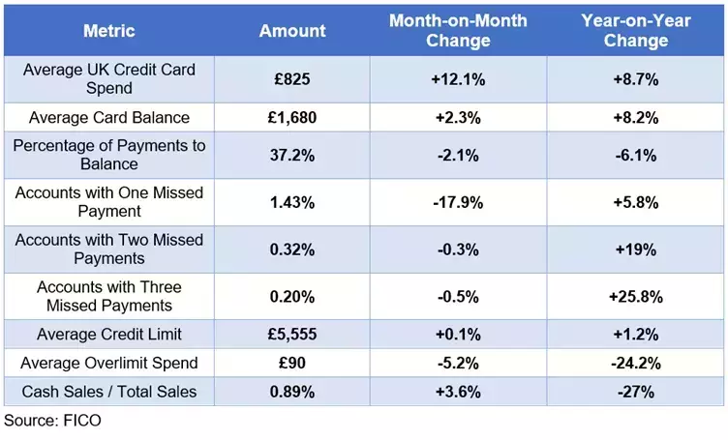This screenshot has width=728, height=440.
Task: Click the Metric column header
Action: click(109, 30)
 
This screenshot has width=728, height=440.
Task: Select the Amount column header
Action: click(292, 30)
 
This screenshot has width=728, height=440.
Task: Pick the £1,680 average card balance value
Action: click(292, 118)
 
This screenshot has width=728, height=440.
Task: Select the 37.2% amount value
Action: click(292, 155)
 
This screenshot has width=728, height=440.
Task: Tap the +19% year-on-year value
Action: click(636, 249)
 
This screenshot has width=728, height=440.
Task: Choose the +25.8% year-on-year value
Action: click(636, 297)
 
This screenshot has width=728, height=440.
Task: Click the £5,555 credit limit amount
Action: click(292, 335)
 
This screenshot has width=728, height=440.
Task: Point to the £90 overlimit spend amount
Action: click(292, 363)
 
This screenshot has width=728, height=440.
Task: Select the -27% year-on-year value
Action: click(636, 391)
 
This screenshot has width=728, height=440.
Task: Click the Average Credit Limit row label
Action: click(109, 335)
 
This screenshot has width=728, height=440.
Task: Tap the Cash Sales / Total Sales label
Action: click(109, 391)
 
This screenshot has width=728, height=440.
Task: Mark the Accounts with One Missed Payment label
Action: click(109, 202)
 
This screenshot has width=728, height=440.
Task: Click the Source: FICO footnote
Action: click(52, 421)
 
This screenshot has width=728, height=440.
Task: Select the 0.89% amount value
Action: click(292, 391)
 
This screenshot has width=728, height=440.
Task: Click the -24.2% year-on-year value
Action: click(636, 363)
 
